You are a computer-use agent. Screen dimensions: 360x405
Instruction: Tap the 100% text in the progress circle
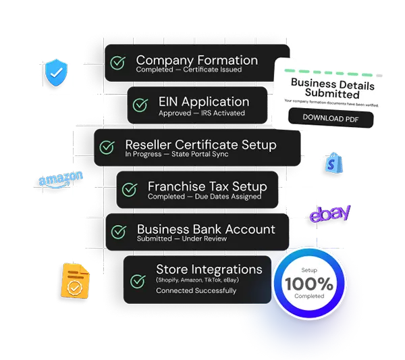coord(308,284)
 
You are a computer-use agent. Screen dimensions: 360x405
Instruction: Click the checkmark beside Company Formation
coord(118,63)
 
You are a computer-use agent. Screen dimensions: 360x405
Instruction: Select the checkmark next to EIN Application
coord(140,105)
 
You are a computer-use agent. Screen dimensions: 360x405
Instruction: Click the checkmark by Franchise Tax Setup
coord(129,189)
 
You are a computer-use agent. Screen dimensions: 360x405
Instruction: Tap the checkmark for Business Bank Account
coord(118,232)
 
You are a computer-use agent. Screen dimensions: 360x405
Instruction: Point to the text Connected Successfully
coord(196,290)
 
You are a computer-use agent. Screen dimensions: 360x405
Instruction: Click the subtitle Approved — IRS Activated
coord(202,113)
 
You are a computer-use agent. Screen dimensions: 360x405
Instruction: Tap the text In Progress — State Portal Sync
coord(177,154)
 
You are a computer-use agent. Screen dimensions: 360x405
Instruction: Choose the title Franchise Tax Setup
coord(207,186)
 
